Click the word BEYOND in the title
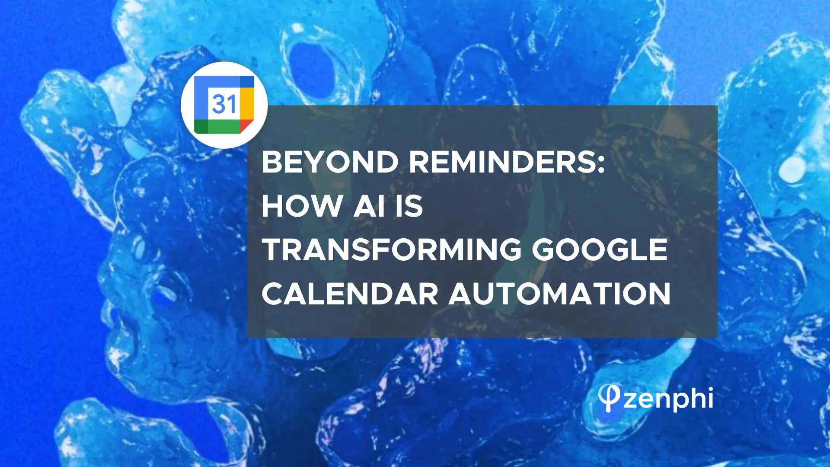click(330, 162)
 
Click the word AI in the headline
click(369, 206)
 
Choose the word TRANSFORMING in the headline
click(392, 249)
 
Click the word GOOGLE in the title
click(600, 249)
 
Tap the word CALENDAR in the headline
click(350, 294)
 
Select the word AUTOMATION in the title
click(559, 294)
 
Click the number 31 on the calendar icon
click(224, 104)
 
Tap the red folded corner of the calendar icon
click(246, 126)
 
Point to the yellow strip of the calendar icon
click(247, 104)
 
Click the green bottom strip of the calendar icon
click(217, 126)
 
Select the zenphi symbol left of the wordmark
click(609, 398)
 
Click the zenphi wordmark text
click(668, 399)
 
